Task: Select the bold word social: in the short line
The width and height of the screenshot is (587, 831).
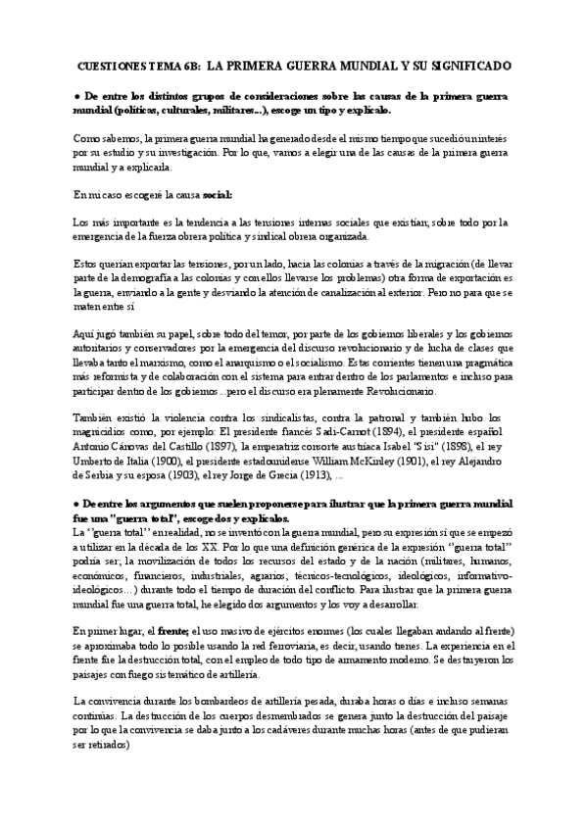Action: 212,195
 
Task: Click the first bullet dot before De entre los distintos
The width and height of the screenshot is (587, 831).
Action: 76,98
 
